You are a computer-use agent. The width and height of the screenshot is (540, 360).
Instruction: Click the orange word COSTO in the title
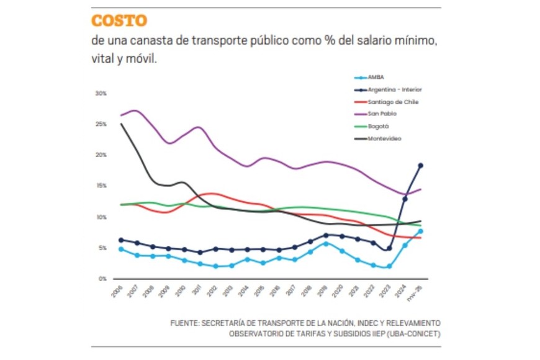(119, 20)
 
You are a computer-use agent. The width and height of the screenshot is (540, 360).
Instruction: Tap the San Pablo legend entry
(382, 114)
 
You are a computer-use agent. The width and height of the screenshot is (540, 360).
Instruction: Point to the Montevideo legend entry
(384, 138)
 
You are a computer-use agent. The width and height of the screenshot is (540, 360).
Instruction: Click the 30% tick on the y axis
(101, 93)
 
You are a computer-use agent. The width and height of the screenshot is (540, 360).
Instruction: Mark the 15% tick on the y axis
(101, 186)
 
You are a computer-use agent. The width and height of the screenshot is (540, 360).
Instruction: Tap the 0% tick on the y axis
(102, 279)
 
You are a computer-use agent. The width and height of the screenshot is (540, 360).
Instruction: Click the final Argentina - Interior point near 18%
(421, 165)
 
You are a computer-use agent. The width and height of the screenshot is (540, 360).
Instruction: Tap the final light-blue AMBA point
(421, 232)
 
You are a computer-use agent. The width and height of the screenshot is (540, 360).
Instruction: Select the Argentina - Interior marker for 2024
(405, 199)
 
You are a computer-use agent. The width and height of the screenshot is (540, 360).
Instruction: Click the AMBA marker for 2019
(326, 244)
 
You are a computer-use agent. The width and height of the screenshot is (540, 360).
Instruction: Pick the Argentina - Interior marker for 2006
(121, 240)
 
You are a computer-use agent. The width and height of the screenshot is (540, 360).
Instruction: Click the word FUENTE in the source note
(184, 324)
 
